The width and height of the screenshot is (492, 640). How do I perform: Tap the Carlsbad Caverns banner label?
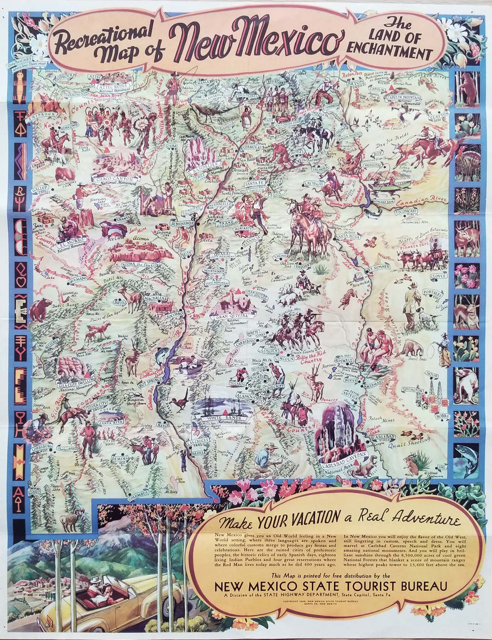pyautogui.click(x=343, y=457)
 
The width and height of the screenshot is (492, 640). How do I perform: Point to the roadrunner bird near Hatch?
pyautogui.click(x=180, y=401)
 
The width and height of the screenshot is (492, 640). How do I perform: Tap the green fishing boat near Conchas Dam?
pyautogui.click(x=393, y=184)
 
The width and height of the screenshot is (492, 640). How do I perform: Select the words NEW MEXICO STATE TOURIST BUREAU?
pyautogui.click(x=330, y=586)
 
